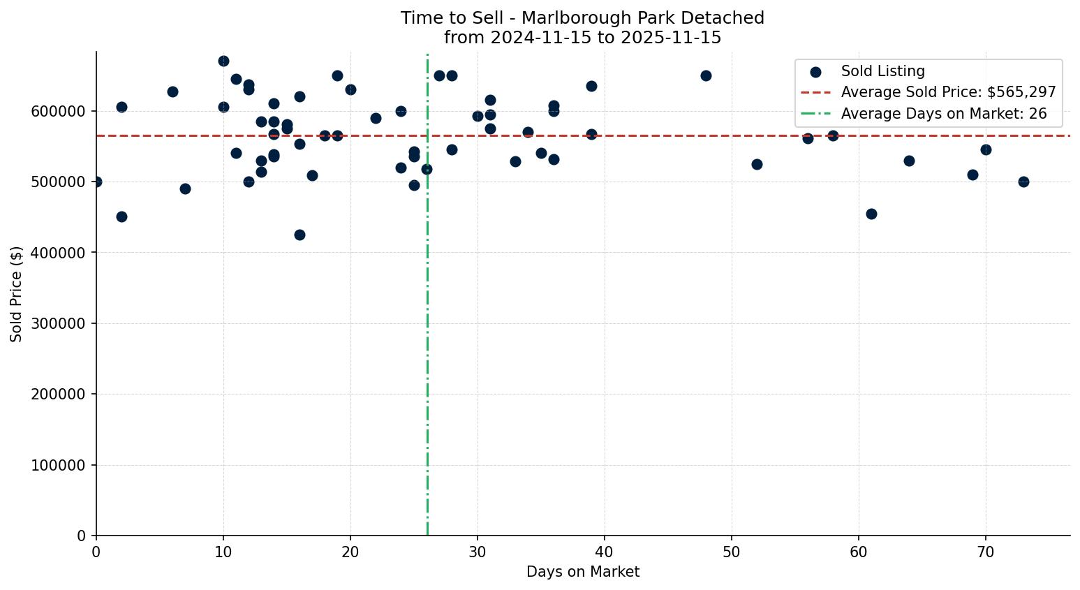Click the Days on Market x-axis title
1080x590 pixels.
582,572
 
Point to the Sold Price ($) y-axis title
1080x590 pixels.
16,294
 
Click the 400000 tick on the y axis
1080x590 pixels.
58,253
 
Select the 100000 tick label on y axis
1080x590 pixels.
58,465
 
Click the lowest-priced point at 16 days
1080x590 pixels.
299,235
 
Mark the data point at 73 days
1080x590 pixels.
1023,182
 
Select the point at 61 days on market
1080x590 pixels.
871,214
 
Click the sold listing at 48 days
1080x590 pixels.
706,75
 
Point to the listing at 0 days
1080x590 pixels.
96,182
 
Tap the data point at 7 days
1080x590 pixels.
185,189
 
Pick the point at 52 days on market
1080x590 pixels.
757,164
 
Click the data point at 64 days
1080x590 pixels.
909,161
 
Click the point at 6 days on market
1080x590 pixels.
172,91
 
